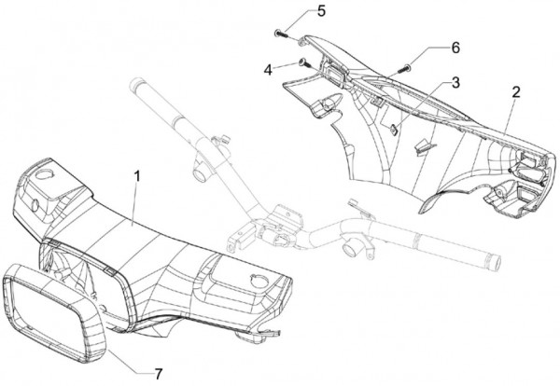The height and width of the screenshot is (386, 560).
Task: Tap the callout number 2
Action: pos(515,91)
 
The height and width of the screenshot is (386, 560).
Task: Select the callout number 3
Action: pos(455,83)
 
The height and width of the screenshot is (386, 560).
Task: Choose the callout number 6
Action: pos(455,47)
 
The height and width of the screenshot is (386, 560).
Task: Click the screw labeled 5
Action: pos(281,33)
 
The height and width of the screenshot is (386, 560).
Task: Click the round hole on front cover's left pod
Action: pos(43,174)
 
